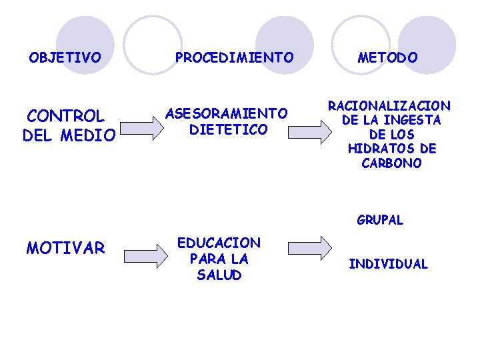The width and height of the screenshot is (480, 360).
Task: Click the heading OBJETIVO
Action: pos(65,57)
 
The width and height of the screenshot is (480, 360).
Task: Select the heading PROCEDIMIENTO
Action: pos(234,58)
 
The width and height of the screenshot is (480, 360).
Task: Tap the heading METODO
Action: pos(388,58)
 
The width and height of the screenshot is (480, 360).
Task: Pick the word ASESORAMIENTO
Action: pos(227,113)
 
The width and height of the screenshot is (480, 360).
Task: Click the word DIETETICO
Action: pos(228,129)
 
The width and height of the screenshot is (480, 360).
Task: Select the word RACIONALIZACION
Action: pos(389,105)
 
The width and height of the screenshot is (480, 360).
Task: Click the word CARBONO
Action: pos(391,164)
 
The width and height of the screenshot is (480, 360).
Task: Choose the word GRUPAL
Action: pos(380,220)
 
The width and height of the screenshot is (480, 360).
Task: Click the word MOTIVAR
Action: pos(65,249)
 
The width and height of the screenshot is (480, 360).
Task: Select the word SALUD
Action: pos(219,275)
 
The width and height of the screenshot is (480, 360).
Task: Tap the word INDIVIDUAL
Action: pos(388,264)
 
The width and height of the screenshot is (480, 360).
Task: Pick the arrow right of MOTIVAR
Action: pos(147,254)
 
